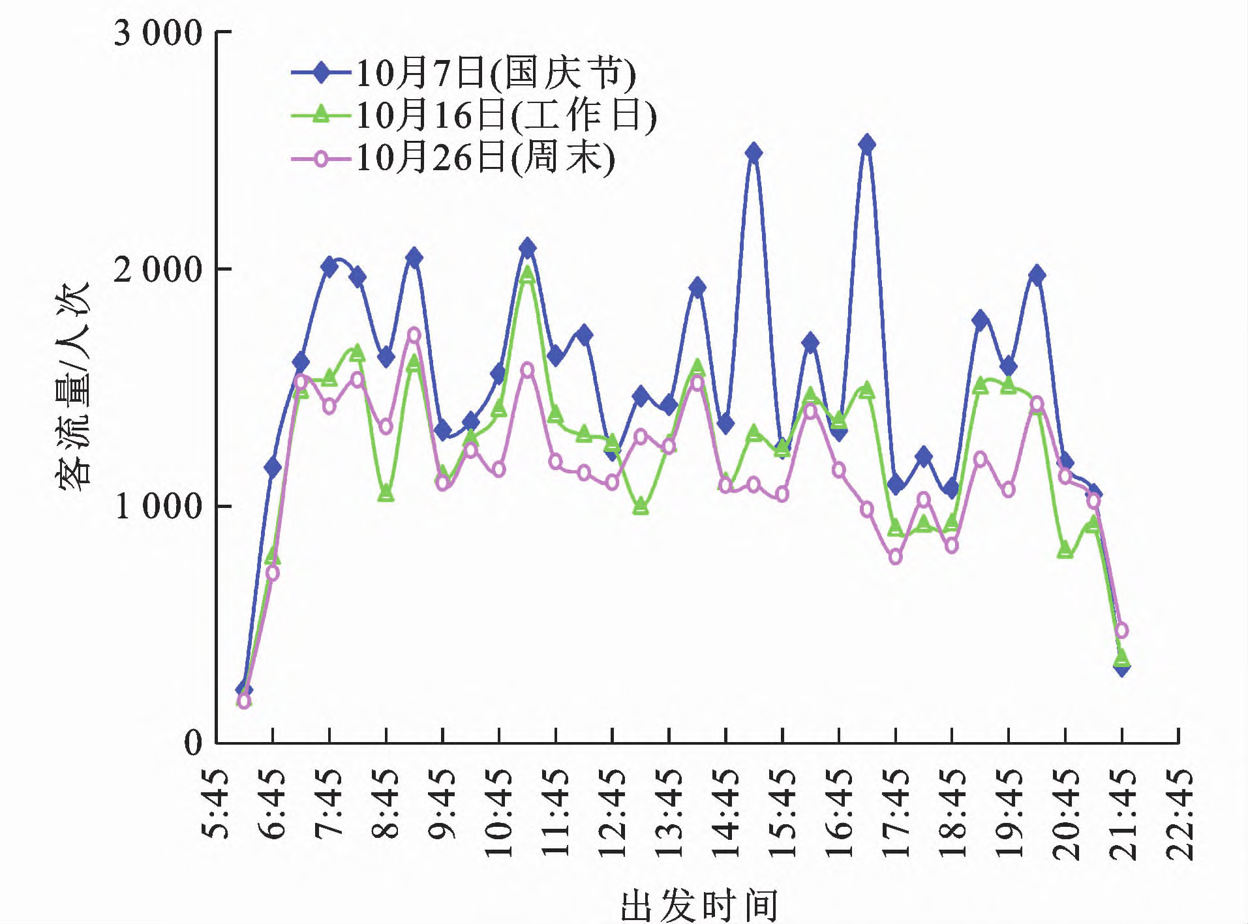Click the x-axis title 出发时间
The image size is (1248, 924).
pos(699,904)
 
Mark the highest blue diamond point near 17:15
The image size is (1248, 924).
pos(867,144)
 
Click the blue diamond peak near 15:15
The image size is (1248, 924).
pos(753,153)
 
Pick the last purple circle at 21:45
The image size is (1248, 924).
pos(1121,631)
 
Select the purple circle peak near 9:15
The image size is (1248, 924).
pos(414,335)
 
